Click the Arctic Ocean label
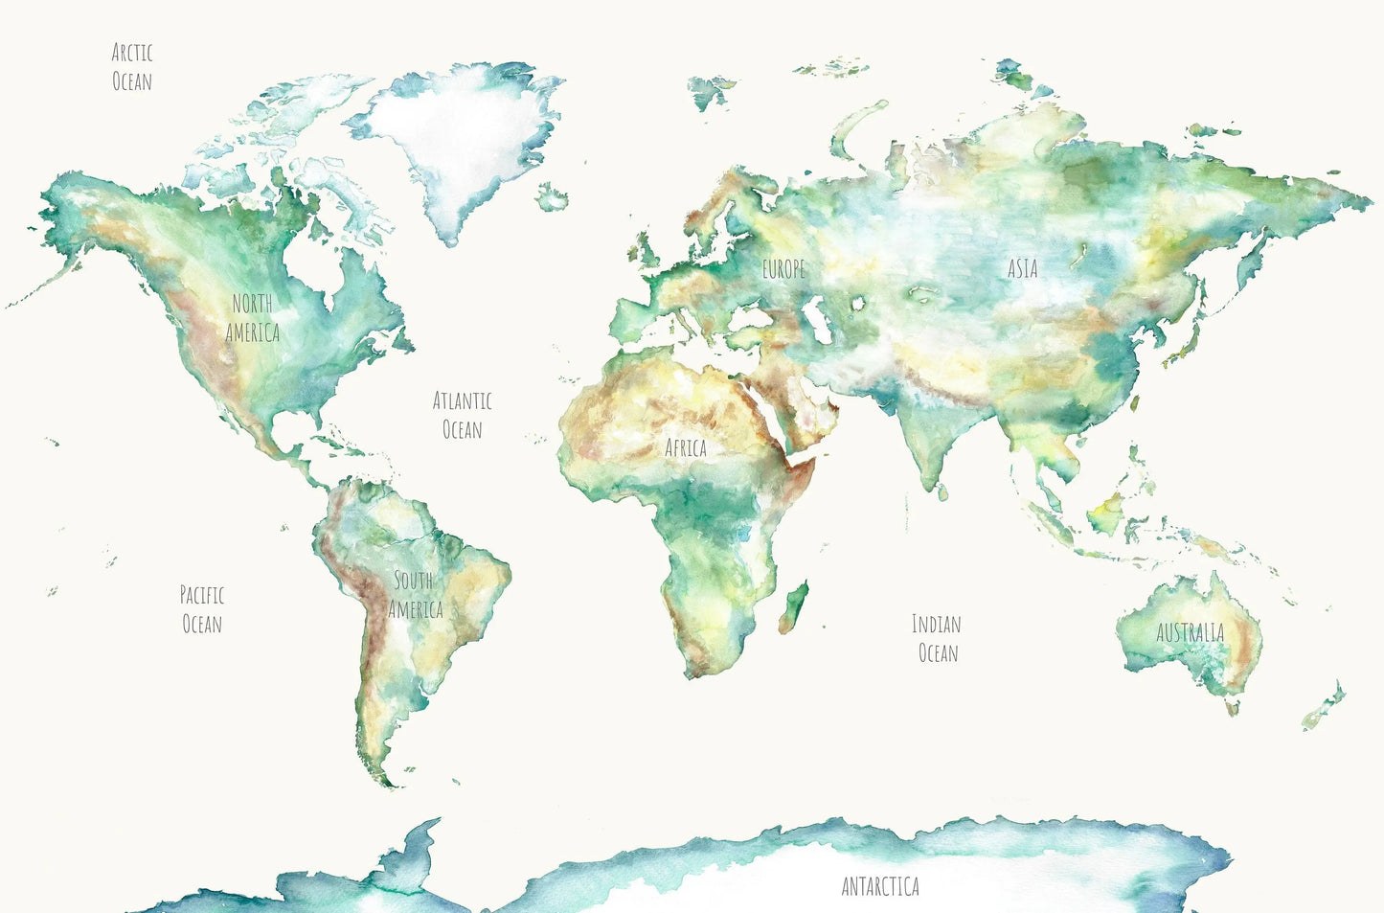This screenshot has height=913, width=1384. [x=132, y=67]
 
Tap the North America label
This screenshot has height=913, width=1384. [x=253, y=318]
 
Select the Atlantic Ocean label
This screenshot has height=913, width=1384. [x=463, y=415]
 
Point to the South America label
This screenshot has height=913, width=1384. [x=416, y=595]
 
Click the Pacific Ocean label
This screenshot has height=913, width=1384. [x=202, y=609]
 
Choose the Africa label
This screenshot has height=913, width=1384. [x=686, y=447]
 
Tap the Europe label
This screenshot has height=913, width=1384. [x=783, y=270]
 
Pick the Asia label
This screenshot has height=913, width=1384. [x=1022, y=268]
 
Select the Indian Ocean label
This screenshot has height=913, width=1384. [x=937, y=638]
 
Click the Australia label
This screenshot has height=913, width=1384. [x=1190, y=632]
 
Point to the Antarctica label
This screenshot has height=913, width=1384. [x=880, y=886]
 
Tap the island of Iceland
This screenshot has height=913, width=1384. [x=552, y=199]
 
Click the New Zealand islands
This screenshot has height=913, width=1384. [x=1325, y=706]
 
